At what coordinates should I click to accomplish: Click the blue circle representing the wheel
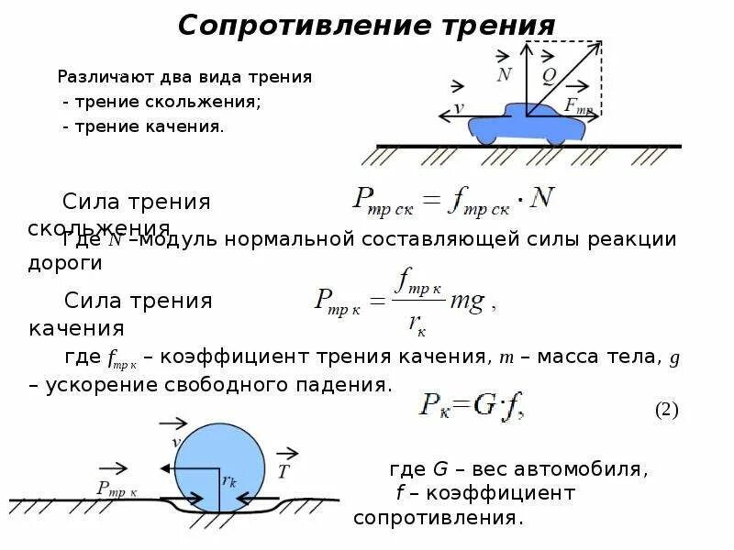click(219, 458)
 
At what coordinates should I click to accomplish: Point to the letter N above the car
click(504, 74)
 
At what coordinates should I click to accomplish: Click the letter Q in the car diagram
click(548, 75)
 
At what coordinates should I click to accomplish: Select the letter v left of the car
click(459, 107)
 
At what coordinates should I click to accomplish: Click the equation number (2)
click(666, 410)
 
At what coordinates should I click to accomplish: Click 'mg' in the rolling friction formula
click(468, 302)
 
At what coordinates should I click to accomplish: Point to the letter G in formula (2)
click(484, 406)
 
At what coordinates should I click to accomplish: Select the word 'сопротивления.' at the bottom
click(439, 518)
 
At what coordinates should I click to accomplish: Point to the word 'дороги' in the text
click(65, 263)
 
